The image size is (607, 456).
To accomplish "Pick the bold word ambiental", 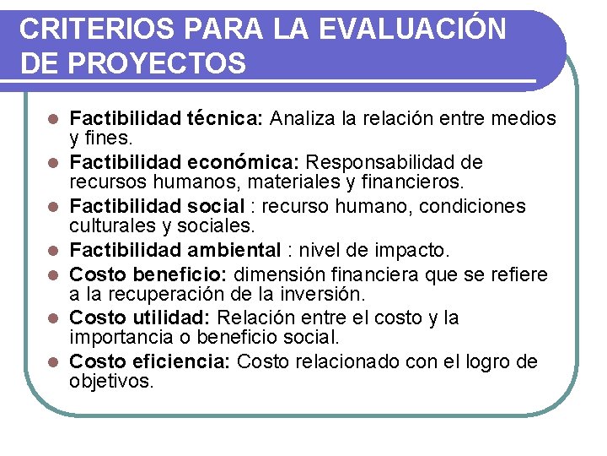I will (x=234, y=251).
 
